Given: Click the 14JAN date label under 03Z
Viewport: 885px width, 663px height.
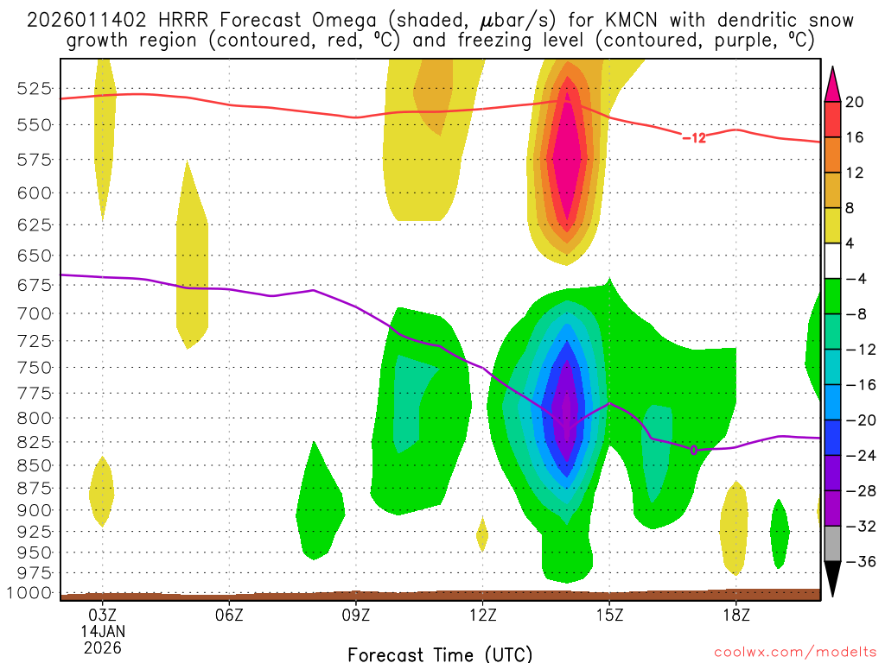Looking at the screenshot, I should click(103, 631).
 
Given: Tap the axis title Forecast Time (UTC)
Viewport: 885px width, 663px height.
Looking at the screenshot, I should click(440, 654).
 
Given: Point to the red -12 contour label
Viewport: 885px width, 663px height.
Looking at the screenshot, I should click(693, 137).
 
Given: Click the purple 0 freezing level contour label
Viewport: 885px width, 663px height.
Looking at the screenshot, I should click(693, 450).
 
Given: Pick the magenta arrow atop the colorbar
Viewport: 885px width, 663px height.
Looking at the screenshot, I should click(832, 82).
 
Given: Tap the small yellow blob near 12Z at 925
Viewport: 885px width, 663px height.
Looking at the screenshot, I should click(482, 534).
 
